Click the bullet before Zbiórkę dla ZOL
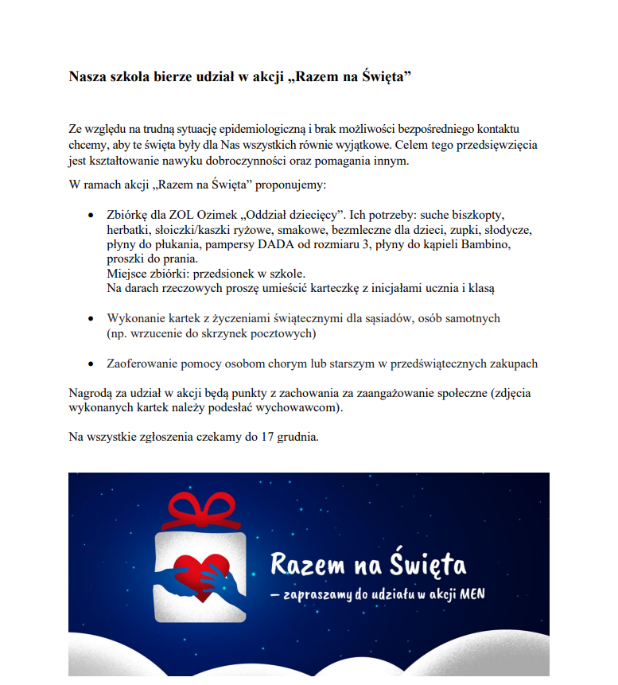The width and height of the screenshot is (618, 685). tap(88, 216)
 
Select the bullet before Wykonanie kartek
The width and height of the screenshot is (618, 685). tap(88, 319)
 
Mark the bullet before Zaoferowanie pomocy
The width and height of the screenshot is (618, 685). tap(88, 364)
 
